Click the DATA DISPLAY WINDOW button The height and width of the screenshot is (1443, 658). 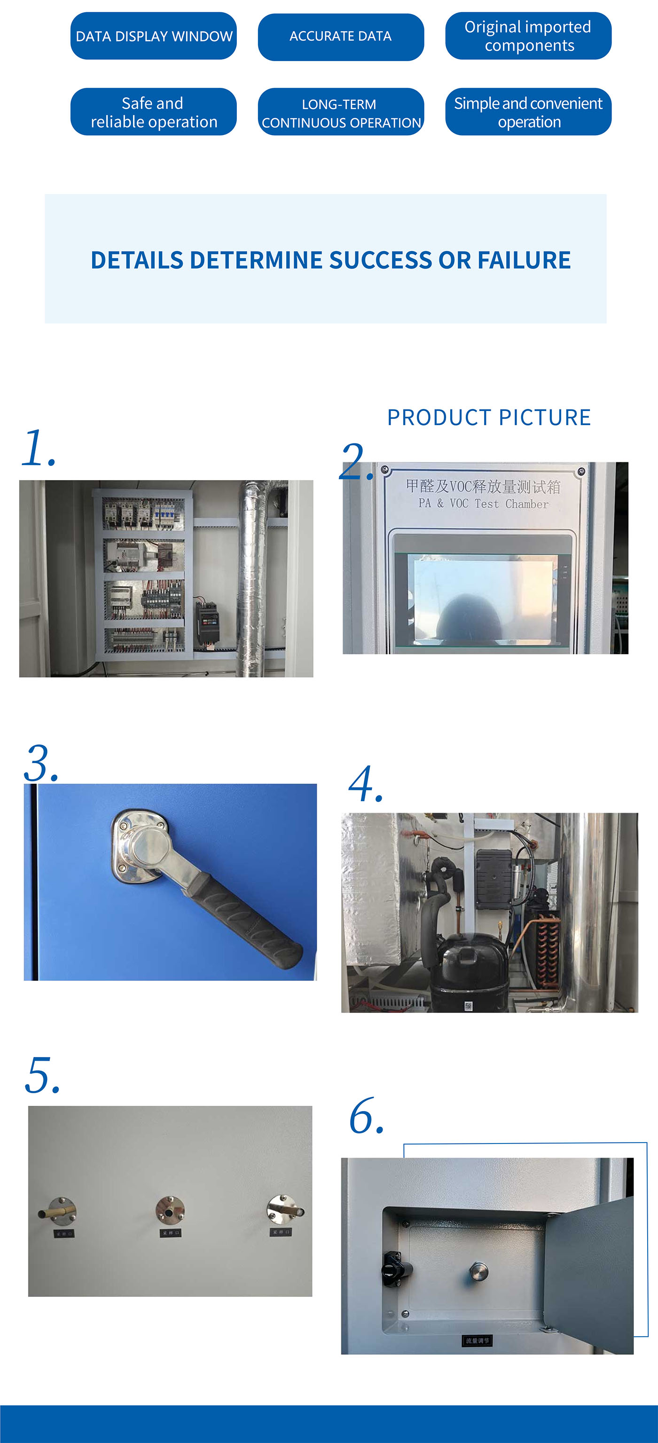[x=153, y=36]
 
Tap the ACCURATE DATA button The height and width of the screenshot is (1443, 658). [x=340, y=36]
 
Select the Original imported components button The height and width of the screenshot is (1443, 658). [x=528, y=36]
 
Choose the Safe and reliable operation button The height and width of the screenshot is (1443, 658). [x=153, y=112]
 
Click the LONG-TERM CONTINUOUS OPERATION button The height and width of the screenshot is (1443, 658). [x=340, y=112]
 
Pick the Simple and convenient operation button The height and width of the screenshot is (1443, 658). [x=528, y=112]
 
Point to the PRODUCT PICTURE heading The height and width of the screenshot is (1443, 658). [x=489, y=418]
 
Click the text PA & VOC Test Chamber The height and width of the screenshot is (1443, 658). [x=483, y=504]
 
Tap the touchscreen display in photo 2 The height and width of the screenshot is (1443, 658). [x=483, y=597]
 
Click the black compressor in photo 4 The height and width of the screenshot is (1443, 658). [x=472, y=969]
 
